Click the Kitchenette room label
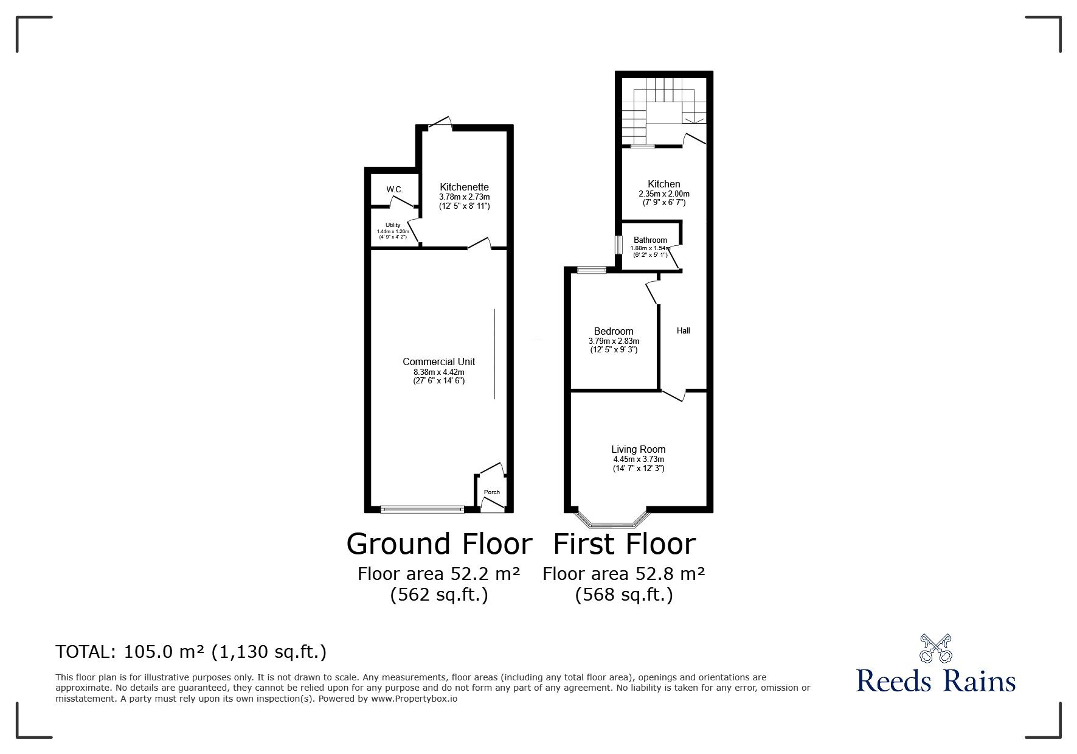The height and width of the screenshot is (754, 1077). click(x=465, y=187)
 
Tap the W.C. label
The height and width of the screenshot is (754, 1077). click(x=395, y=190)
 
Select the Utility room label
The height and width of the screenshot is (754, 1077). click(x=393, y=225)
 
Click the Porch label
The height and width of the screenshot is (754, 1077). click(x=492, y=492)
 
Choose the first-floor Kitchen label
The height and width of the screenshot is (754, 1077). click(x=664, y=184)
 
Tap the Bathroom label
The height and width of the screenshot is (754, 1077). click(x=650, y=240)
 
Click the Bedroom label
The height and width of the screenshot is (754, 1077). click(x=614, y=332)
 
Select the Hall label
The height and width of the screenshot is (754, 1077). click(x=684, y=331)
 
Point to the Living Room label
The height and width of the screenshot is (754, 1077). click(x=639, y=450)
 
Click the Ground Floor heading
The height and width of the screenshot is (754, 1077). click(x=439, y=543)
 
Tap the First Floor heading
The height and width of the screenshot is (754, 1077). click(x=625, y=543)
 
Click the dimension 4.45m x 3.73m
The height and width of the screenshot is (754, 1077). click(x=639, y=459)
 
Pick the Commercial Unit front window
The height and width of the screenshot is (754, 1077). click(x=422, y=509)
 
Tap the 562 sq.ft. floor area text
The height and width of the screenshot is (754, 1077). click(x=439, y=595)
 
